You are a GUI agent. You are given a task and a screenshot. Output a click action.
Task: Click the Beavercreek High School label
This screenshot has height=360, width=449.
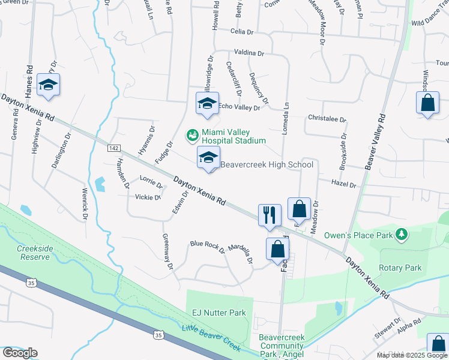[267, 164]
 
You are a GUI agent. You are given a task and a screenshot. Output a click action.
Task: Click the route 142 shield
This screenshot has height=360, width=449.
[113, 148]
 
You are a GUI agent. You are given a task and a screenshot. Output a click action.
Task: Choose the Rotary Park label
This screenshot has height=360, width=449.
[400, 268]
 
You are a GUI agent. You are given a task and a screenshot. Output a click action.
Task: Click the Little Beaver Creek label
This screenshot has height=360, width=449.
[211, 338]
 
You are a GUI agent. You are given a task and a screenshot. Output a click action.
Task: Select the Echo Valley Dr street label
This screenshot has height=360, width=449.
[239, 107]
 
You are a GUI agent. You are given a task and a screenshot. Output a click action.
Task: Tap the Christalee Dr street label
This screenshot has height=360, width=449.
[327, 119]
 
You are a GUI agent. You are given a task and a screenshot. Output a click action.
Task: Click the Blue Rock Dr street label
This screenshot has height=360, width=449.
[206, 244]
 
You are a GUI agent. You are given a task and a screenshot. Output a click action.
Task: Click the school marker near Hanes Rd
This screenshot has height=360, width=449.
[49, 86]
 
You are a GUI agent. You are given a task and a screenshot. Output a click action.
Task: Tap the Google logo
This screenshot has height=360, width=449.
[20, 353]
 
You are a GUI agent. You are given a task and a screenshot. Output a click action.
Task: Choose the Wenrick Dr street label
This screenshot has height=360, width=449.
[85, 205]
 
